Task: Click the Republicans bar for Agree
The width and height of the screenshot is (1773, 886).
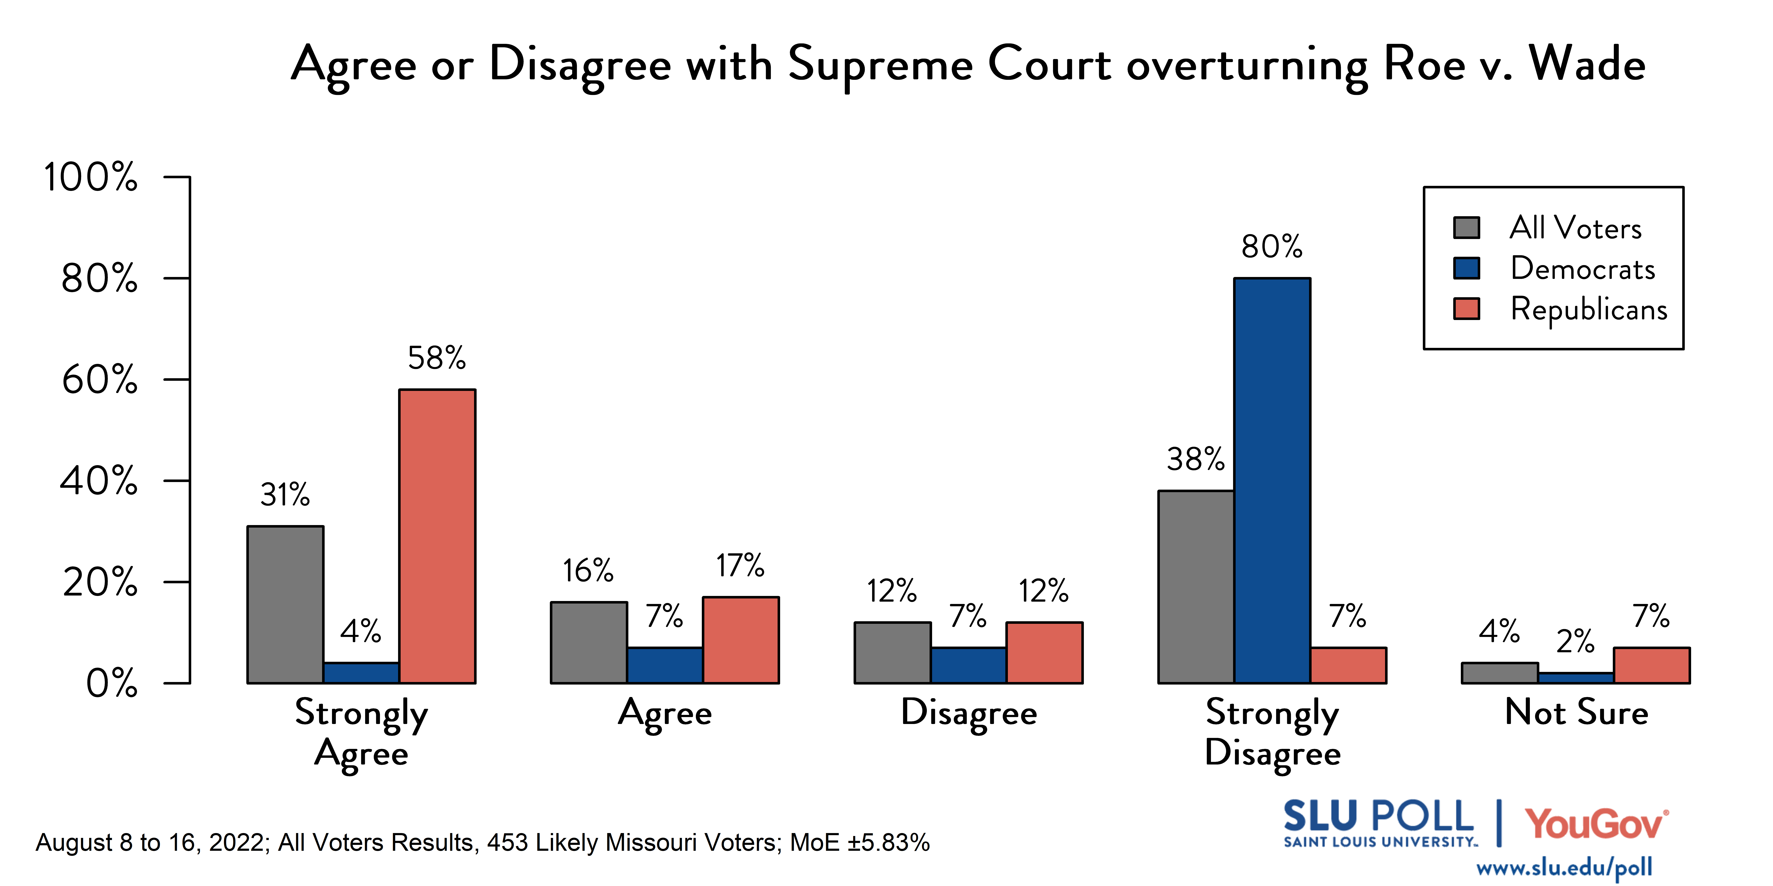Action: pos(741,640)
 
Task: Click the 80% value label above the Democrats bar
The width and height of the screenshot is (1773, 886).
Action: pos(1272,246)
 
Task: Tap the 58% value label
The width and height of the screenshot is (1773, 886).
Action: pos(437,358)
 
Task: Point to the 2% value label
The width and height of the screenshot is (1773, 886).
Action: pos(1575,641)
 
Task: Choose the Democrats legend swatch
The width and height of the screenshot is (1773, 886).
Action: pos(1467,268)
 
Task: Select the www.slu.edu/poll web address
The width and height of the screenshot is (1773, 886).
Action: pos(1564,867)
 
